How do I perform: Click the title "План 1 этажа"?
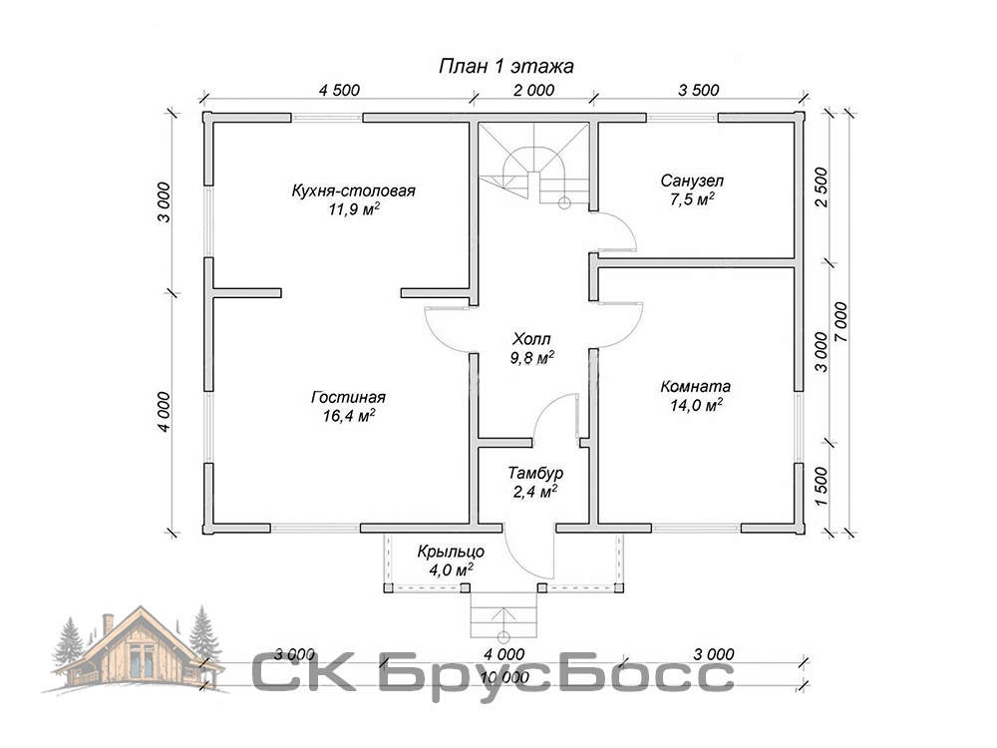(506, 66)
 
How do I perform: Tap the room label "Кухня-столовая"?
(354, 190)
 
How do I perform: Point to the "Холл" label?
(531, 338)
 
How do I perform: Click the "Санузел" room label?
(692, 182)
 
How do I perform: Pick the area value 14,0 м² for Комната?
(696, 405)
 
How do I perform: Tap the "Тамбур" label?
(535, 473)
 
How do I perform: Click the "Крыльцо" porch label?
(451, 552)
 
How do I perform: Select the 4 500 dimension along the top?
(339, 90)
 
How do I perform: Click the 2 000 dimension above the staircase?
(533, 90)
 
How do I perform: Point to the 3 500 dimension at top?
(698, 90)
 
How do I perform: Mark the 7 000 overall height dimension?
(840, 321)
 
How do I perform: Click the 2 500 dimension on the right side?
(821, 187)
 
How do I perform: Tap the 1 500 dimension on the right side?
(821, 488)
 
